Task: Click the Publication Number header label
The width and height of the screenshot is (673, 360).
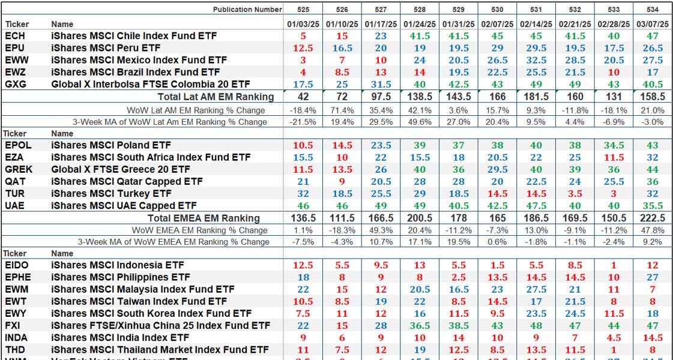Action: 247,9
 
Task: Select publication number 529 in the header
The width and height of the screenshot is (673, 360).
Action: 458,9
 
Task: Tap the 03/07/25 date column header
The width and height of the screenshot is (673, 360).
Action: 652,24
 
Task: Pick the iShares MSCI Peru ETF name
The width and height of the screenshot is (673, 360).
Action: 106,48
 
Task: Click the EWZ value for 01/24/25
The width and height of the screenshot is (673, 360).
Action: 420,72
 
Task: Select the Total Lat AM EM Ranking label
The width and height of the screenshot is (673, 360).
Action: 216,97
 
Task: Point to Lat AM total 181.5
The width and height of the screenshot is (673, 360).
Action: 536,97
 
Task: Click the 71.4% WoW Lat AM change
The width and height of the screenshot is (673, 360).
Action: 342,110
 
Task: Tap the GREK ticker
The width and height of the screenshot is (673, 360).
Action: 18,169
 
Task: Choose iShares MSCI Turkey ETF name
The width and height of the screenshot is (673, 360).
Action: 111,194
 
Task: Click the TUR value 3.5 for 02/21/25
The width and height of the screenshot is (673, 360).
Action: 575,194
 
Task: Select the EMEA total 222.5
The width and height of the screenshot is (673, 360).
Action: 652,218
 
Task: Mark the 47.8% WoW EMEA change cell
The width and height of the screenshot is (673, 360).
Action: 652,230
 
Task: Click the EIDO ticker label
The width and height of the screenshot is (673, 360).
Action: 16,265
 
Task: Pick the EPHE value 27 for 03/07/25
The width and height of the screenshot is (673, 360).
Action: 652,277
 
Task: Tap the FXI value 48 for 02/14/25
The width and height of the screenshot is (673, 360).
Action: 536,325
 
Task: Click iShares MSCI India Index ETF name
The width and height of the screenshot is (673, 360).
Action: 120,338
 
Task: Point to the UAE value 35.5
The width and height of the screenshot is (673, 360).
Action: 652,206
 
